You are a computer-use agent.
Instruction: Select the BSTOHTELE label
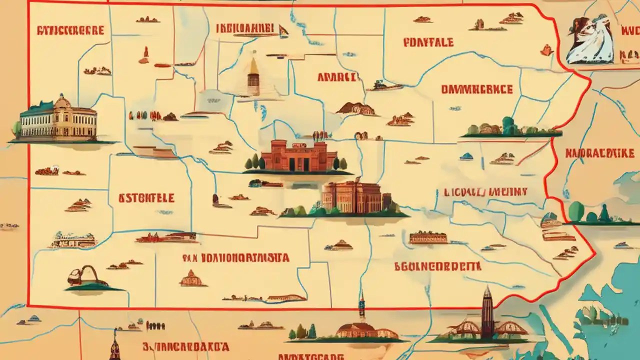146,198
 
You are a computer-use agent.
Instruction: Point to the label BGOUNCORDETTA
437,266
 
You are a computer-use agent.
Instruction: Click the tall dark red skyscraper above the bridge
487,312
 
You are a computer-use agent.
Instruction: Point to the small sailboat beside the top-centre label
283,31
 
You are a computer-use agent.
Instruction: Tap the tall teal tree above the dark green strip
508,125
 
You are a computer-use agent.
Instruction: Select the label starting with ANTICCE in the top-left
70,29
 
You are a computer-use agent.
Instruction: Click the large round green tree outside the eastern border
576,211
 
